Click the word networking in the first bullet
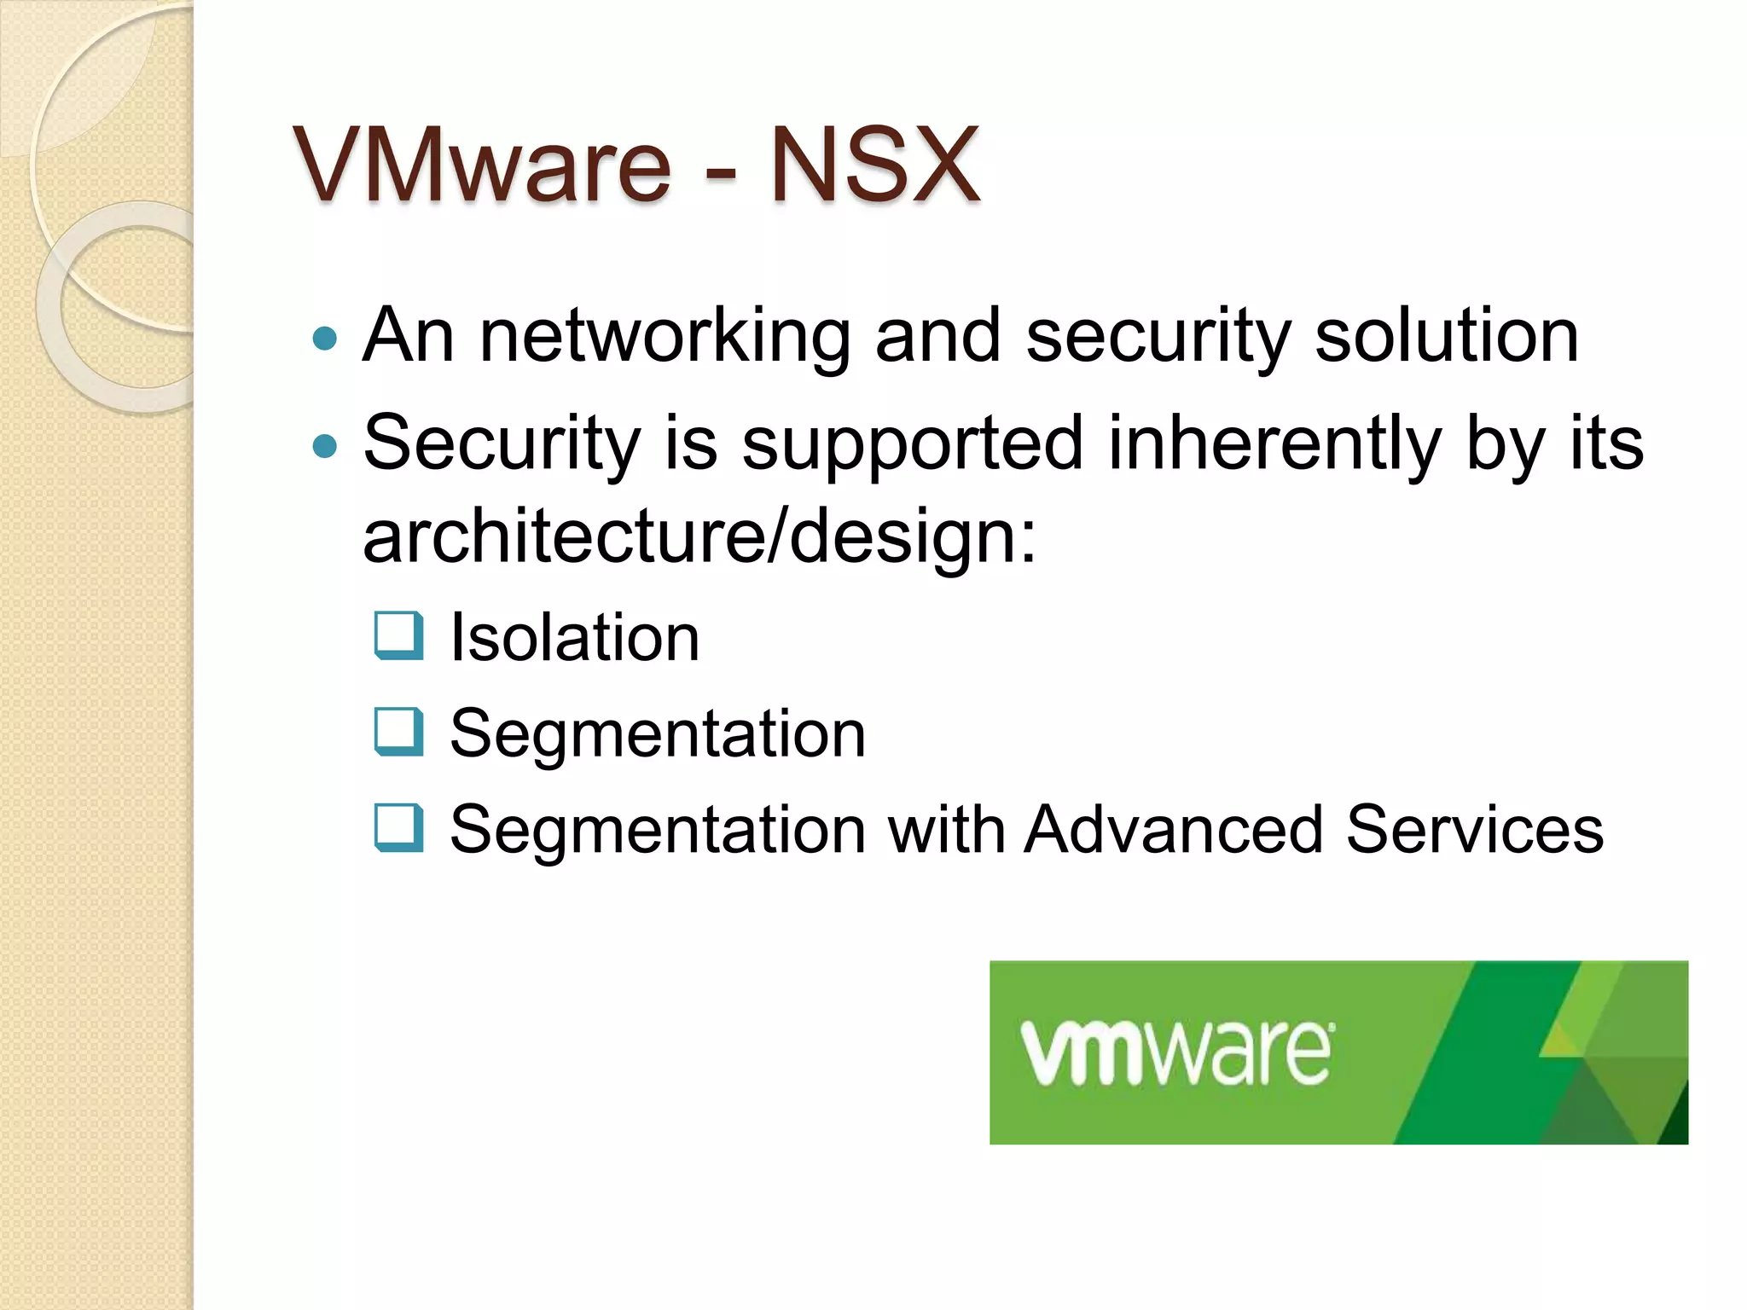tap(665, 337)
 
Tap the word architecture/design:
tap(699, 536)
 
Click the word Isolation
tap(574, 637)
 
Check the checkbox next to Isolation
tap(399, 635)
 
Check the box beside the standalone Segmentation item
tap(399, 732)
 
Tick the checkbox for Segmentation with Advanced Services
tap(399, 828)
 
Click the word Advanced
tap(1174, 829)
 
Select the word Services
tap(1475, 829)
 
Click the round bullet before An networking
tap(325, 339)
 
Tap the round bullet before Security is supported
tap(325, 445)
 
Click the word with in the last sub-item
tap(946, 829)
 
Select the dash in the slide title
tap(721, 170)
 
